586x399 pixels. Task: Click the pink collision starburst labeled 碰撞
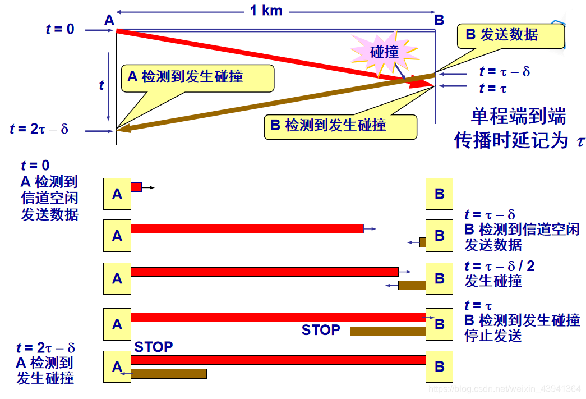pos(385,52)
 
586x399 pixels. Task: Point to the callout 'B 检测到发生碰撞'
pos(328,125)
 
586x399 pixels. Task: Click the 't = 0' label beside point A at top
pos(60,29)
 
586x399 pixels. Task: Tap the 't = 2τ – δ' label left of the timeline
pos(39,130)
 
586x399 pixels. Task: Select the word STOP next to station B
pos(321,330)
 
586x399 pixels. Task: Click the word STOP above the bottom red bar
pos(154,347)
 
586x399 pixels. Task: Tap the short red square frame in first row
pos(136,187)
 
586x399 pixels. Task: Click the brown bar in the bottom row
pos(169,373)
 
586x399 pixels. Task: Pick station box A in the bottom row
pos(117,366)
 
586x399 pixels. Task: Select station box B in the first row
pos(439,194)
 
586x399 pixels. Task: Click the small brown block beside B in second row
pos(423,242)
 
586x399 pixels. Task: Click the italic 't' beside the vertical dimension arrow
pos(101,85)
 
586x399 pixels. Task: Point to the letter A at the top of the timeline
pos(109,20)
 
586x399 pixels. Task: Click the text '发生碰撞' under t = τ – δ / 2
pos(493,281)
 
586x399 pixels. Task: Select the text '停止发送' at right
pos(493,336)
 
